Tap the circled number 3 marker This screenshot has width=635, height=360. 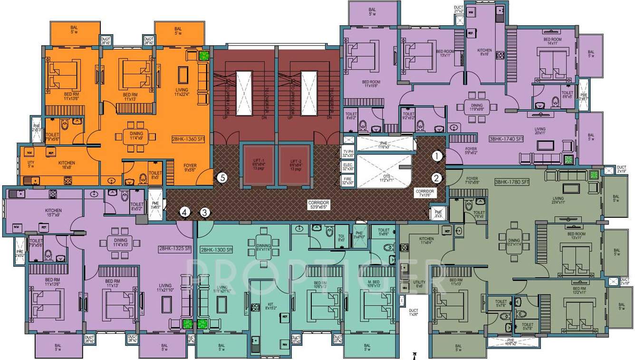[x=204, y=213]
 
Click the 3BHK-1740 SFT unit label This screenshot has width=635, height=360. [x=506, y=139]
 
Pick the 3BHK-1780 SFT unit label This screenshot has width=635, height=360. [x=512, y=182]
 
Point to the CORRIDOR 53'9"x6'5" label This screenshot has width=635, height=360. [x=318, y=205]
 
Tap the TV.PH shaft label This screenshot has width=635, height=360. [x=348, y=153]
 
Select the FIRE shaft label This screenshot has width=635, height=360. [x=348, y=180]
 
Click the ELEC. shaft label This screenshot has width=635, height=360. [x=348, y=166]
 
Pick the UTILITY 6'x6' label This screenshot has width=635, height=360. [x=419, y=284]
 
